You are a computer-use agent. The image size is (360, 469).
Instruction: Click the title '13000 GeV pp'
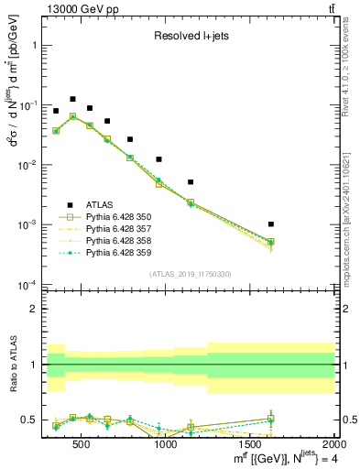75,8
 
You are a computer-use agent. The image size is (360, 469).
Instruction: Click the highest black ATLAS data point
72,99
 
